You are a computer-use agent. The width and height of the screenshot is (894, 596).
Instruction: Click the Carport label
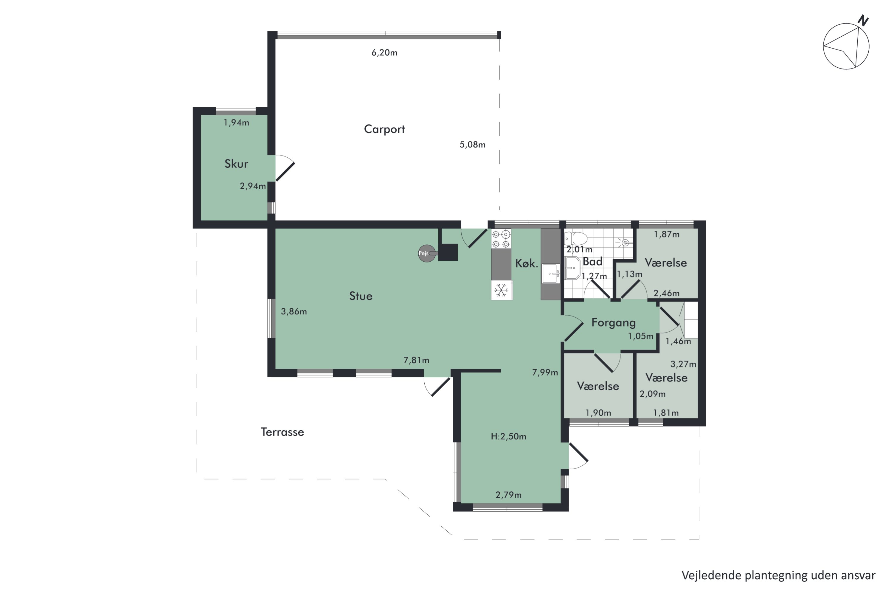point(384,129)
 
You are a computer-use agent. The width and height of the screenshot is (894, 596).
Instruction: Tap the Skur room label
point(236,164)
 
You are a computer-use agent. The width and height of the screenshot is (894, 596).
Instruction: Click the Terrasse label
point(283,432)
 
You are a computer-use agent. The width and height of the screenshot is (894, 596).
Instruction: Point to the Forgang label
point(614,323)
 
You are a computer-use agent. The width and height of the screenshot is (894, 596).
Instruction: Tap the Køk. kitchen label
point(527,263)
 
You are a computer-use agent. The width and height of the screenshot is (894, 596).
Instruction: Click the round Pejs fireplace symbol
point(427,254)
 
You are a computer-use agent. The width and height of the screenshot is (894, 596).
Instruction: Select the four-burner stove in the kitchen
point(501,239)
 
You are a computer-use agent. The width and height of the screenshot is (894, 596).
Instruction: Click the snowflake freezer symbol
point(501,290)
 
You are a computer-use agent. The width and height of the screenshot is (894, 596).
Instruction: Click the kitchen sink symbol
point(551,273)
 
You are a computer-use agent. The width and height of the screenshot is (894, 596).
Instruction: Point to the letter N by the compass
point(863,21)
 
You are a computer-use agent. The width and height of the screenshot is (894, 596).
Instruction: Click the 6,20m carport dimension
point(384,53)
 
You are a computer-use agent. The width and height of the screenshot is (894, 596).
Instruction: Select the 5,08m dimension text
point(472,145)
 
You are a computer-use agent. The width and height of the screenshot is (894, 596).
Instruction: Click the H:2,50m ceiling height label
point(509,436)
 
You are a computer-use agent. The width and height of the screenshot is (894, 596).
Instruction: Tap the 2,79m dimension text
point(509,495)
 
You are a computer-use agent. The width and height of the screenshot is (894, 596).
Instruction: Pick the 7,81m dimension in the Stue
point(416,360)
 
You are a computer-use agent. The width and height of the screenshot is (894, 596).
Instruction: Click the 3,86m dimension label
point(294,312)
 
